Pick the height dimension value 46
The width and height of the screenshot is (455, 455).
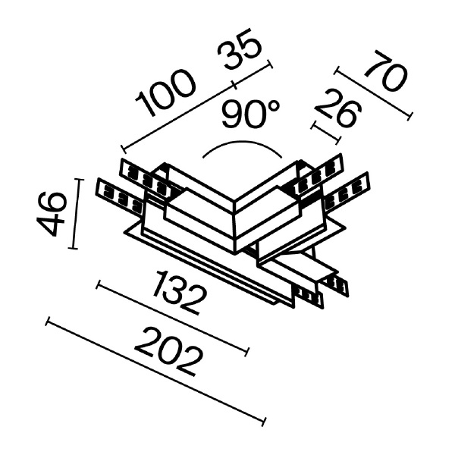point(52,214)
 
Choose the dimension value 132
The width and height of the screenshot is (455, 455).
point(180,292)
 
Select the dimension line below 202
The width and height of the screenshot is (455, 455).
point(155,372)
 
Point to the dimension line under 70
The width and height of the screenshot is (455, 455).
point(372,95)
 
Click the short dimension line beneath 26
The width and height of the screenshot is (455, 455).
point(326,131)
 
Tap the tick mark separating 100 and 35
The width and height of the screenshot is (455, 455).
point(234,83)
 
